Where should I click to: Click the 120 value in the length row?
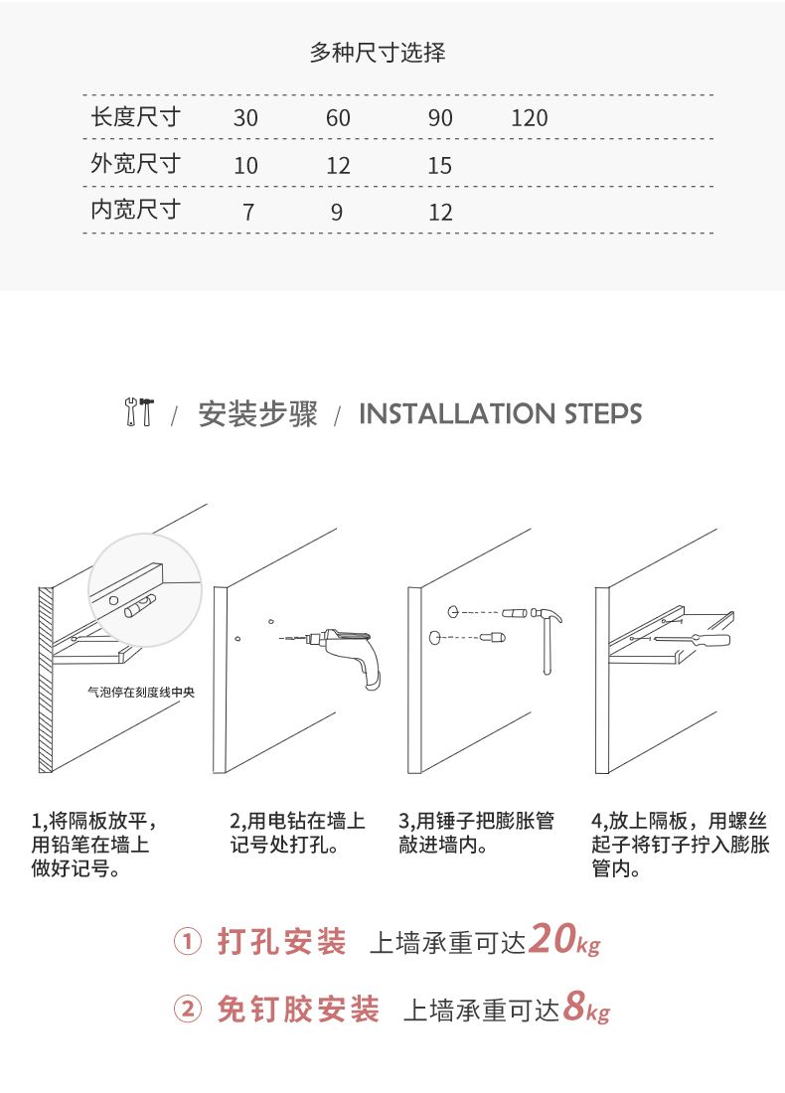530,118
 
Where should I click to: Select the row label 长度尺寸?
135,116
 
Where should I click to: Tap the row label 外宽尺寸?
135,164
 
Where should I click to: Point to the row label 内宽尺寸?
135,209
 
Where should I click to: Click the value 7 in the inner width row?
247,212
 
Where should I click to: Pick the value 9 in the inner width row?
337,212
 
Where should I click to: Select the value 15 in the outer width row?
440,165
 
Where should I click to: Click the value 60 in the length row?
338,118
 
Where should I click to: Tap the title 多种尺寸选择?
378,53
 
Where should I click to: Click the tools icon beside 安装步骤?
139,412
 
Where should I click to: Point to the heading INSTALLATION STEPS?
500,413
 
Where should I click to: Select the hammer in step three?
546,640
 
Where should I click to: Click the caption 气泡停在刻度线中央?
141,693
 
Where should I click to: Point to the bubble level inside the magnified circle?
140,605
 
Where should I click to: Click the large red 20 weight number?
552,938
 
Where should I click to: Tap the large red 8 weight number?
573,1006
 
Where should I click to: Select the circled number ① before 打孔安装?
187,942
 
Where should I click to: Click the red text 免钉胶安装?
298,1010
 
